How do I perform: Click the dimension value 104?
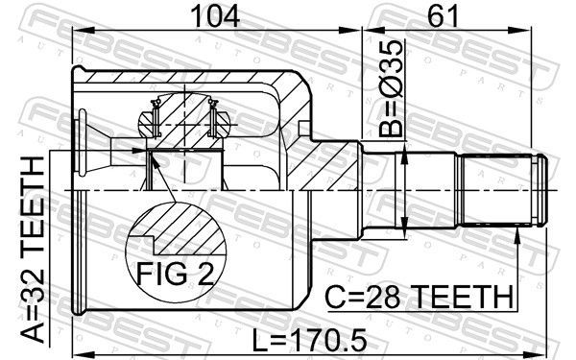215,16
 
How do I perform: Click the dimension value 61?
444,16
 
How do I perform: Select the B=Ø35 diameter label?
392,88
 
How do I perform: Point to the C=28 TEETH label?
420,297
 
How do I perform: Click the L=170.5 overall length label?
310,340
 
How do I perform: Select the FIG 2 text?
176,273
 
